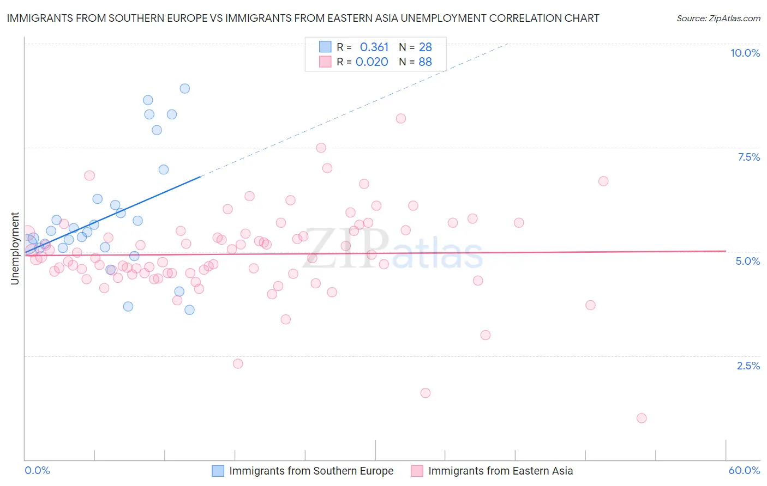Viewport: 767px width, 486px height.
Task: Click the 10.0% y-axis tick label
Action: (x=745, y=53)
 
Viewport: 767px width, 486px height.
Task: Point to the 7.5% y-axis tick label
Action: (x=748, y=157)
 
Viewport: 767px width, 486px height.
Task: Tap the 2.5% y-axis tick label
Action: (x=748, y=366)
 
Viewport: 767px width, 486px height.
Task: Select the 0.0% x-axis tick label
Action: (x=37, y=470)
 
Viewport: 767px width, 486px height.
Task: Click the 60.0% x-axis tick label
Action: (x=744, y=470)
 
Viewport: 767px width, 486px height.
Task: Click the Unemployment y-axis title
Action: (x=15, y=248)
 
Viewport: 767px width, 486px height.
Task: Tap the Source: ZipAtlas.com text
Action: (x=718, y=18)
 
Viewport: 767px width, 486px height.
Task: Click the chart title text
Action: (x=303, y=18)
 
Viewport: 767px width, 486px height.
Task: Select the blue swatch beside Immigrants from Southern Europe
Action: (x=218, y=471)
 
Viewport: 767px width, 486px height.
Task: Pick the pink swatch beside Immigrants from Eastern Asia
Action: (x=417, y=471)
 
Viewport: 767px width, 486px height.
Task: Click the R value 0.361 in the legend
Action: (x=374, y=47)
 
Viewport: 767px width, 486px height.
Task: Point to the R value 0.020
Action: (x=371, y=62)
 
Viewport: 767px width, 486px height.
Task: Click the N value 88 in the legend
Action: (x=425, y=62)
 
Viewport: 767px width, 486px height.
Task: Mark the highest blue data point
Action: (x=185, y=88)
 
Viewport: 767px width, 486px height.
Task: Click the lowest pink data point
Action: (x=642, y=418)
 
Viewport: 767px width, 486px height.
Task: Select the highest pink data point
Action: (x=401, y=118)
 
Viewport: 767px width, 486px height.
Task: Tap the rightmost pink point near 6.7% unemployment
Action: (x=603, y=181)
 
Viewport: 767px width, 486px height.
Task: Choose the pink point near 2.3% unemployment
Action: (x=238, y=363)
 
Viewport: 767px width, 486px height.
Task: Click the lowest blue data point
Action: (x=189, y=309)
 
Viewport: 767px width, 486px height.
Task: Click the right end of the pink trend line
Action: (x=726, y=251)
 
